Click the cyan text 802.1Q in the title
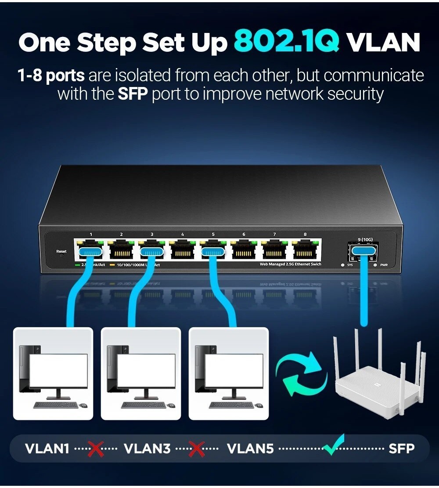[287, 42]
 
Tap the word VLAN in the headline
[383, 42]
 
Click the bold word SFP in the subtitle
[133, 94]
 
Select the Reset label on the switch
[61, 251]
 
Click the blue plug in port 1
[90, 252]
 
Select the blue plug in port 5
[213, 252]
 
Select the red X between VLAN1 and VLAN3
[96, 448]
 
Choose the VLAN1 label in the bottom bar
[47, 448]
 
